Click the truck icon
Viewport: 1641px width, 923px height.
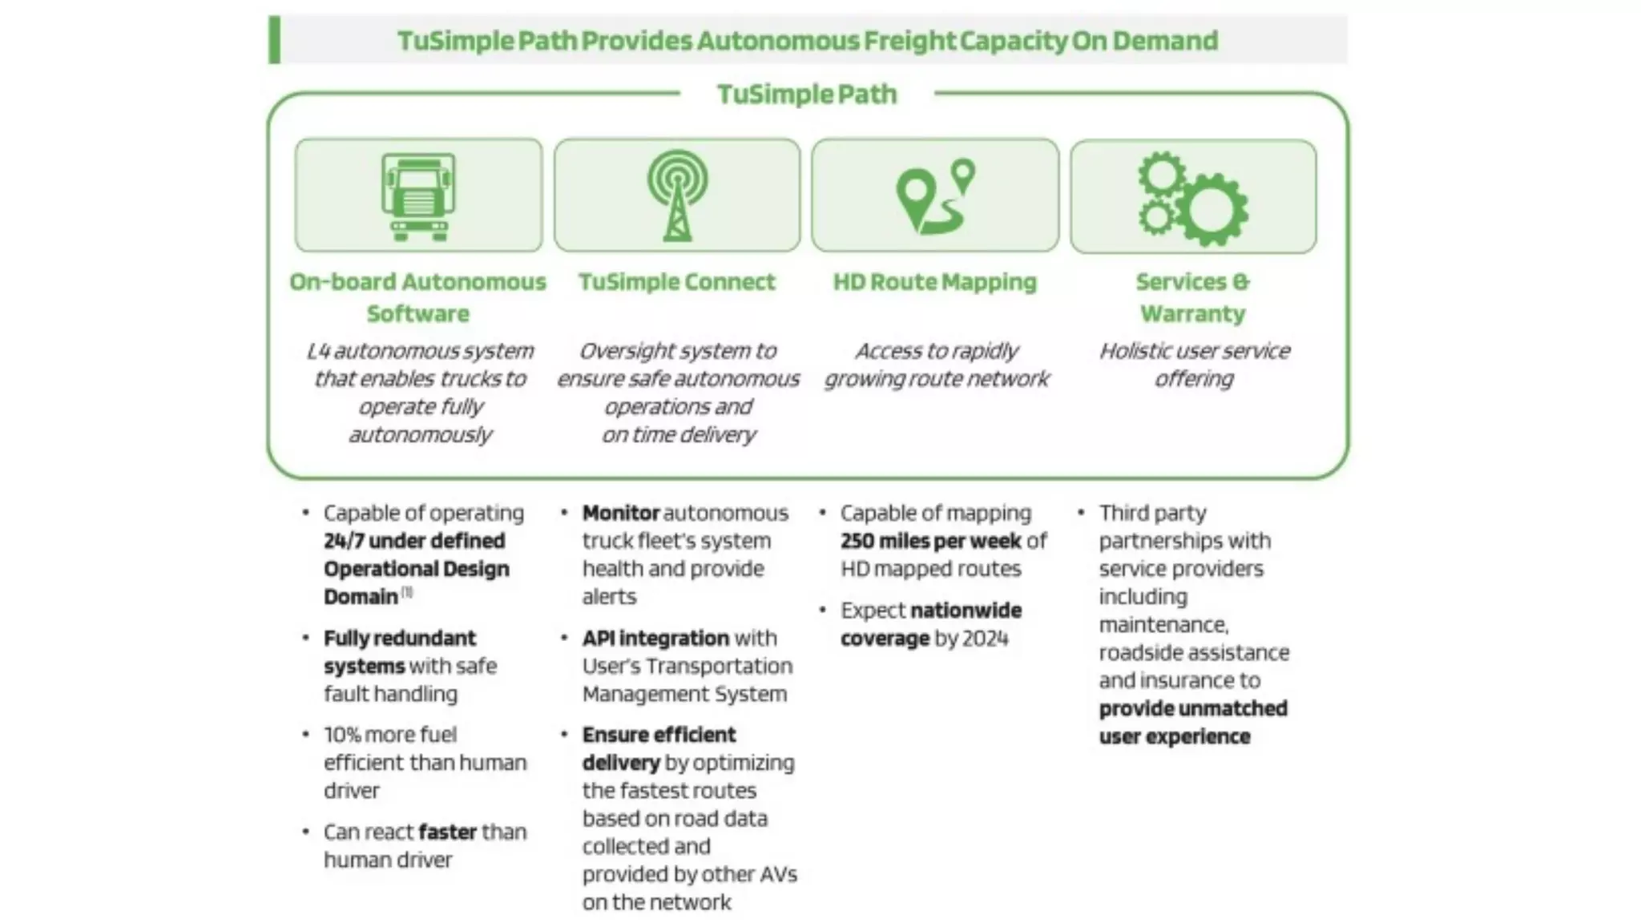click(417, 196)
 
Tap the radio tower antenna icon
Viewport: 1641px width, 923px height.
click(677, 196)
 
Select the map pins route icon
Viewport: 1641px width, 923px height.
click(935, 196)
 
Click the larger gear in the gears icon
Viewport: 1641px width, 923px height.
click(1211, 209)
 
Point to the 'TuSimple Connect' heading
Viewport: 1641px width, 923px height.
click(677, 282)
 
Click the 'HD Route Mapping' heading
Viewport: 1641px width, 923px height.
click(934, 282)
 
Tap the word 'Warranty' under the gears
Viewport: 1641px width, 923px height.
click(1192, 313)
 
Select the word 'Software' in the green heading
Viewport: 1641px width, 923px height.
click(417, 313)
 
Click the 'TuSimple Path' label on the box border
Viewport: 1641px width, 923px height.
click(807, 94)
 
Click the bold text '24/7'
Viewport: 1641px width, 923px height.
click(343, 541)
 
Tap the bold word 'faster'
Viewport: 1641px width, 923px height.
click(447, 832)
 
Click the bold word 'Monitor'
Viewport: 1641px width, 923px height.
click(621, 513)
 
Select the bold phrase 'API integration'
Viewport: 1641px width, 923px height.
click(655, 638)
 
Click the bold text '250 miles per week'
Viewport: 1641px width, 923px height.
click(931, 541)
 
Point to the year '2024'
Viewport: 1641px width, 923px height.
click(985, 639)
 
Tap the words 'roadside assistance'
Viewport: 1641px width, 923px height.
click(1194, 652)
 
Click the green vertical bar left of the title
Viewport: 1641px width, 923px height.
click(274, 39)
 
